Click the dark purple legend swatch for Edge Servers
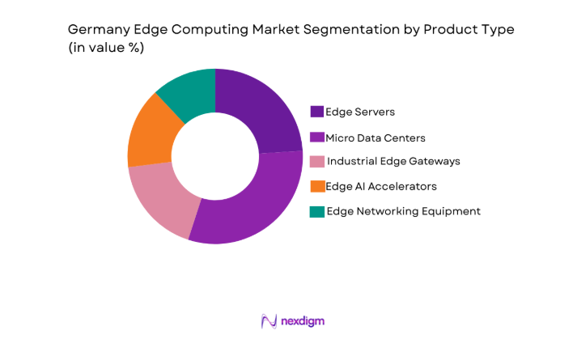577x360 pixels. (x=317, y=112)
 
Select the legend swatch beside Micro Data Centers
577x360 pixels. (x=317, y=137)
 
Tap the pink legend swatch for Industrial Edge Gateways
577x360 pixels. (x=317, y=162)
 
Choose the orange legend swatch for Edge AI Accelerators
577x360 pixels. (x=317, y=187)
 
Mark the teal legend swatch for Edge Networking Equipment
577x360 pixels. (x=317, y=212)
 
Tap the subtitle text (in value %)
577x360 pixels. (x=106, y=48)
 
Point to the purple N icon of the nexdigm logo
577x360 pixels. (x=269, y=321)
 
